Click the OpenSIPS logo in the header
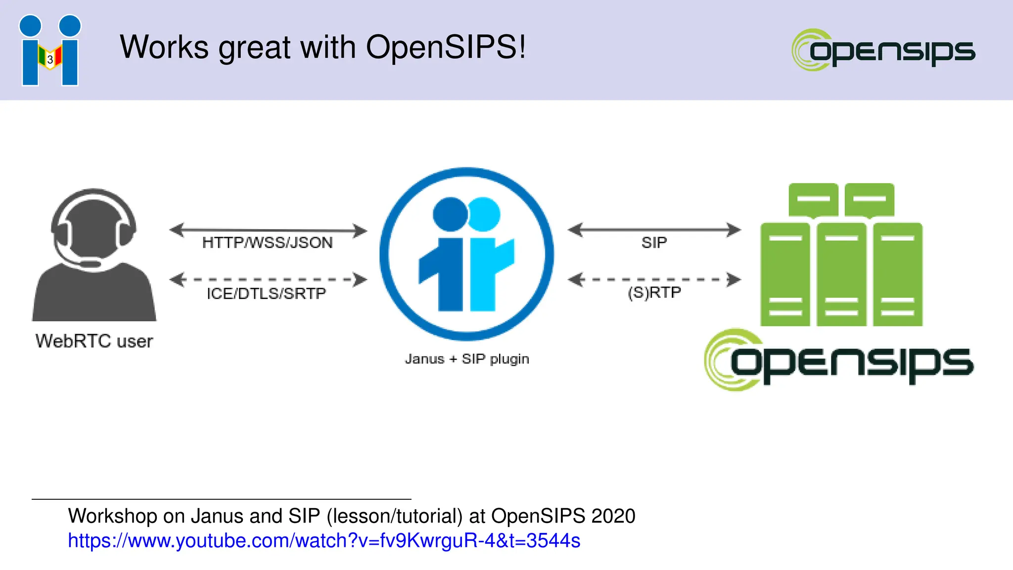(x=883, y=50)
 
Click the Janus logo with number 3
(x=50, y=50)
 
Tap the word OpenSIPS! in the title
(x=446, y=47)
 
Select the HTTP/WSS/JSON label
(x=268, y=242)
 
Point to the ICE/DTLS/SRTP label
(x=267, y=293)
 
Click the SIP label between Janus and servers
(x=654, y=242)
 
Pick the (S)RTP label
(x=654, y=292)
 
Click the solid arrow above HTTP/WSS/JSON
(x=268, y=230)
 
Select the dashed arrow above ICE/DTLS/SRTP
(x=268, y=280)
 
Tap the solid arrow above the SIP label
(x=654, y=230)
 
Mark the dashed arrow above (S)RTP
(x=654, y=280)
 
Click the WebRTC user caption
(x=94, y=341)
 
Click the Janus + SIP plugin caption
(x=467, y=359)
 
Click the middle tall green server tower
(x=841, y=275)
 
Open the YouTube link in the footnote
(x=324, y=541)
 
